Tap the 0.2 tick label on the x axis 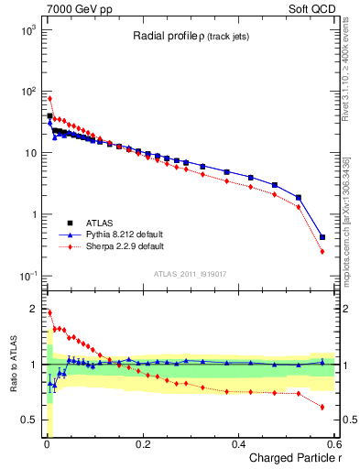(142, 444)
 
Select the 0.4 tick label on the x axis (238, 444)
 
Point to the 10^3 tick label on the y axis (27, 30)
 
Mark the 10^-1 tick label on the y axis (27, 276)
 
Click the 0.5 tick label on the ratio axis (27, 420)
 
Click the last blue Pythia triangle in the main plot (322, 237)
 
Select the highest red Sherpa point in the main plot (49, 98)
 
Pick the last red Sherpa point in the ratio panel (322, 407)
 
